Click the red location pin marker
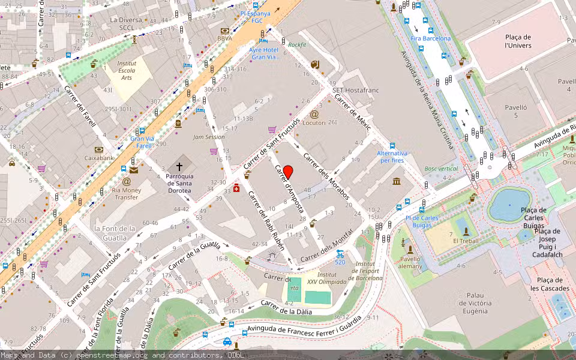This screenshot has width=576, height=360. tap(288, 172)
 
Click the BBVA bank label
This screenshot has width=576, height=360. tap(224, 38)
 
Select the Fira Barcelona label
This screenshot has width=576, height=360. tap(430, 38)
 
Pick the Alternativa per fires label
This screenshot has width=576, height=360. tap(392, 157)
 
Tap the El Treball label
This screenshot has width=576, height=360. tap(465, 241)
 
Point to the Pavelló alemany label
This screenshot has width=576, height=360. tap(410, 263)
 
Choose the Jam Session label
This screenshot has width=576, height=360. tap(209, 137)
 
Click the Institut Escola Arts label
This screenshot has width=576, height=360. tap(126, 70)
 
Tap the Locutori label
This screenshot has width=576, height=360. tap(314, 122)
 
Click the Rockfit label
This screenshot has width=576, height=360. tap(296, 44)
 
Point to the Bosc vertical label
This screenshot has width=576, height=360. tap(442, 169)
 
